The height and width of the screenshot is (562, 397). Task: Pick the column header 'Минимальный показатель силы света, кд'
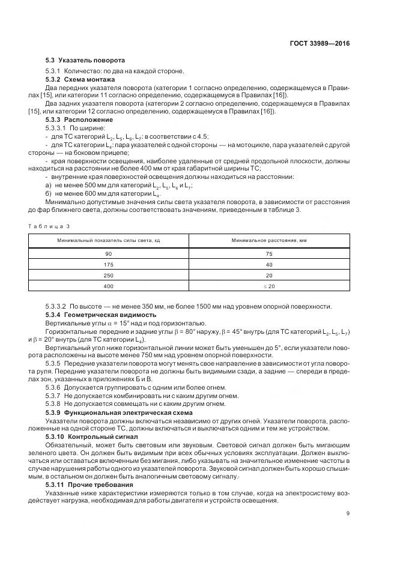108,240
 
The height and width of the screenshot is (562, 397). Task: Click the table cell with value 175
108,264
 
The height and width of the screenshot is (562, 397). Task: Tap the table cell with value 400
108,286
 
